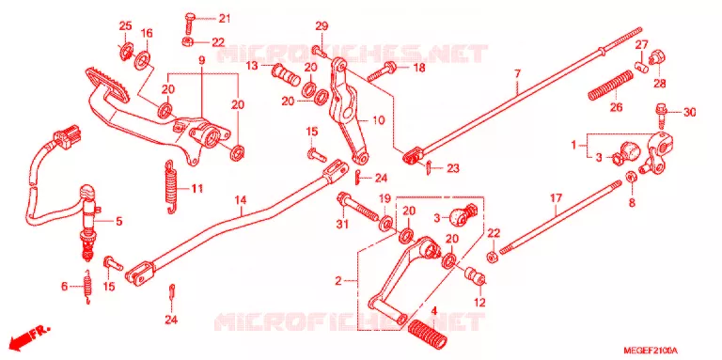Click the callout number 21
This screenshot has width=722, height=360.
(x=224, y=19)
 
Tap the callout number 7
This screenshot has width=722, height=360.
(x=517, y=73)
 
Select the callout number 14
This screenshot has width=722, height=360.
(x=241, y=201)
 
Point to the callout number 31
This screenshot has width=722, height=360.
(x=342, y=225)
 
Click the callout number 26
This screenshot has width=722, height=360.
(x=616, y=108)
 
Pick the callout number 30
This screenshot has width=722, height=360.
(x=689, y=113)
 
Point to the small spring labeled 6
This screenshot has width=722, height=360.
(x=87, y=287)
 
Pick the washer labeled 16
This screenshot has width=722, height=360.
(x=142, y=58)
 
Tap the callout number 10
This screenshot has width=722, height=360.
(x=378, y=121)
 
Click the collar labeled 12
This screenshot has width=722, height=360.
(x=475, y=275)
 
